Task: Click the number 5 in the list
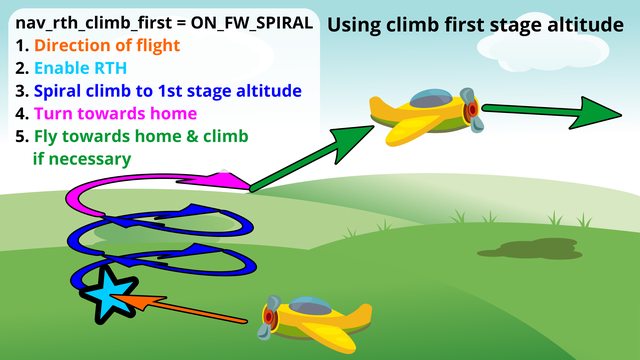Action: pyautogui.click(x=23, y=136)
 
